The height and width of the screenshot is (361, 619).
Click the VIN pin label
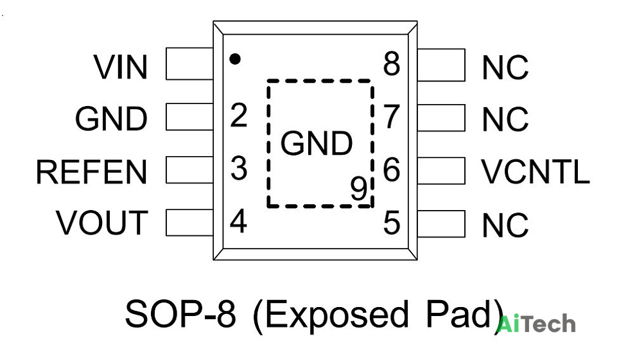121,67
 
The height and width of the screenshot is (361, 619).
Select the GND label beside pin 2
111,118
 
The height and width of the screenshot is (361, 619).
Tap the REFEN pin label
92,172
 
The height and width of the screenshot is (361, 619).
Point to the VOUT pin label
102,223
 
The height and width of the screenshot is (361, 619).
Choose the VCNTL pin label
536,172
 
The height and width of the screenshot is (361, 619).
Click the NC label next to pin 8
505,67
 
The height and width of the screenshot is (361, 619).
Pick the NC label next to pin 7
505,119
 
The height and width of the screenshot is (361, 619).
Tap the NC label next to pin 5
505,225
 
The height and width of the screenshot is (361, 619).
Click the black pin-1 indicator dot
235,59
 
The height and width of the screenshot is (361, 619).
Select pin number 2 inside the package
239,116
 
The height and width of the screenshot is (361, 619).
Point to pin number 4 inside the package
238,221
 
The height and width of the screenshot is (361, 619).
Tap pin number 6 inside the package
392,170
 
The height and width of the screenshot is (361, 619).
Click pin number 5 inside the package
392,223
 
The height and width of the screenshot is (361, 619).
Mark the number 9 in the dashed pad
359,188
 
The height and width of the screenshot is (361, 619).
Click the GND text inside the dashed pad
317,143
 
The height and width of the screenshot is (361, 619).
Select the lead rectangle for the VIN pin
189,64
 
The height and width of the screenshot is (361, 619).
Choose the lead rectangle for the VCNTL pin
441,171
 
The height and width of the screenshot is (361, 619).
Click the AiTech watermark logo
536,324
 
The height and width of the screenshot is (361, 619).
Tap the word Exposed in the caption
336,314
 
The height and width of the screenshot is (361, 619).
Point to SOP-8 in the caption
180,314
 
